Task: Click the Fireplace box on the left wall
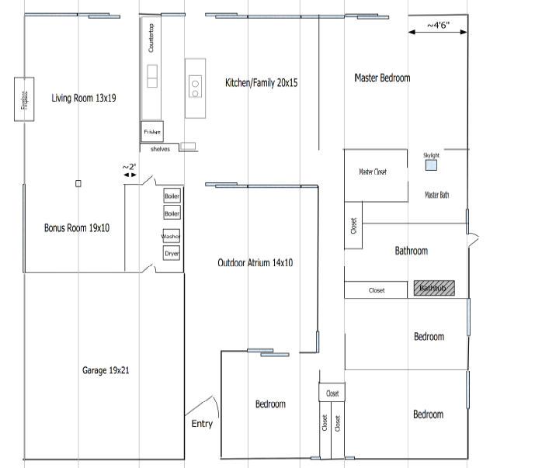pyautogui.click(x=24, y=99)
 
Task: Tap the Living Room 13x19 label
pyautogui.click(x=84, y=99)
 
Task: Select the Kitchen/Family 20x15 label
pyautogui.click(x=262, y=82)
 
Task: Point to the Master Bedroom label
pyautogui.click(x=382, y=78)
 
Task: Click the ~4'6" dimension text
pyautogui.click(x=437, y=26)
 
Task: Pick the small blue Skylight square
pyautogui.click(x=431, y=165)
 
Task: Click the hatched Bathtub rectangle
pyautogui.click(x=434, y=289)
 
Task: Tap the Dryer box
pyautogui.click(x=171, y=254)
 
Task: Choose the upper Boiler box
pyautogui.click(x=172, y=196)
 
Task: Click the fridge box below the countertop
pyautogui.click(x=152, y=132)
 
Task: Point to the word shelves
pyautogui.click(x=160, y=149)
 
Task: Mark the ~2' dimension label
pyautogui.click(x=130, y=167)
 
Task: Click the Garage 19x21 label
pyautogui.click(x=106, y=370)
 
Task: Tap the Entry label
pyautogui.click(x=202, y=424)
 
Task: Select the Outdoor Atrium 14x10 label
pyautogui.click(x=255, y=263)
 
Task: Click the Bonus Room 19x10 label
pyautogui.click(x=77, y=228)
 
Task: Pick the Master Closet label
pyautogui.click(x=373, y=172)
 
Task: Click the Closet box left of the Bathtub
pyautogui.click(x=377, y=290)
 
